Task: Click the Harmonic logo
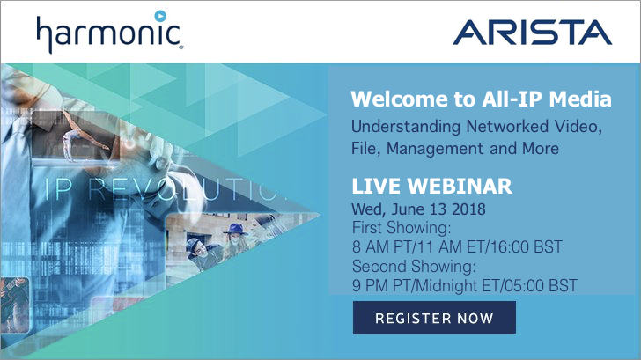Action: click(109, 32)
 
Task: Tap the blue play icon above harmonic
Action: click(160, 16)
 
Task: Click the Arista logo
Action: click(532, 33)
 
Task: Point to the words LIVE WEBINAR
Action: click(431, 187)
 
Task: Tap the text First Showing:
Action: click(402, 228)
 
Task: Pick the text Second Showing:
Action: click(414, 267)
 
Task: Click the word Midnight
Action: click(447, 286)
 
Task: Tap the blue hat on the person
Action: click(236, 229)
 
